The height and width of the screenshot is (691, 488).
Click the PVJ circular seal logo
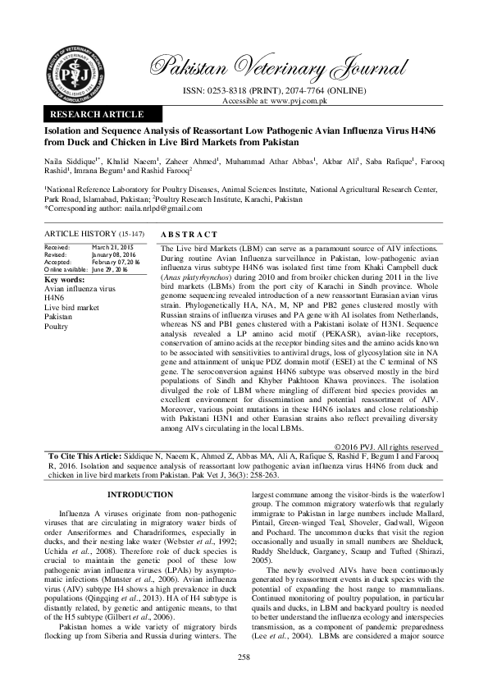pos(79,68)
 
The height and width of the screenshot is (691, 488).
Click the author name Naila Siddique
pos(65,164)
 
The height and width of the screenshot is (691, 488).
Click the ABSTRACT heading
pos(189,234)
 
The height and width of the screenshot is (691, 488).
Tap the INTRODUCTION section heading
pos(141,495)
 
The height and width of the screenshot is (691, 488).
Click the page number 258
pos(244,657)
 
